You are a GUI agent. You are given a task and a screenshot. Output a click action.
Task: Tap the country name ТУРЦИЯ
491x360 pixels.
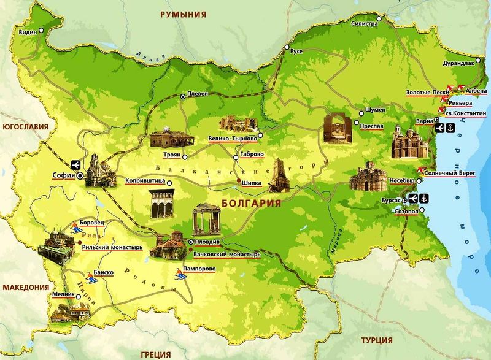tap(377, 340)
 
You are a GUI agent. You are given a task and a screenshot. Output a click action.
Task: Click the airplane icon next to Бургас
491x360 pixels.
tap(412, 198)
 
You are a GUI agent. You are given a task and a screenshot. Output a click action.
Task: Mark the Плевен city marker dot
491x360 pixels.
tap(183, 97)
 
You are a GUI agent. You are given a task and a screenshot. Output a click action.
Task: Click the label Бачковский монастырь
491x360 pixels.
tap(226, 253)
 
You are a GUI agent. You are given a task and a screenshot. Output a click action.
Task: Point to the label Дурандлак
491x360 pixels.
tap(458, 63)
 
